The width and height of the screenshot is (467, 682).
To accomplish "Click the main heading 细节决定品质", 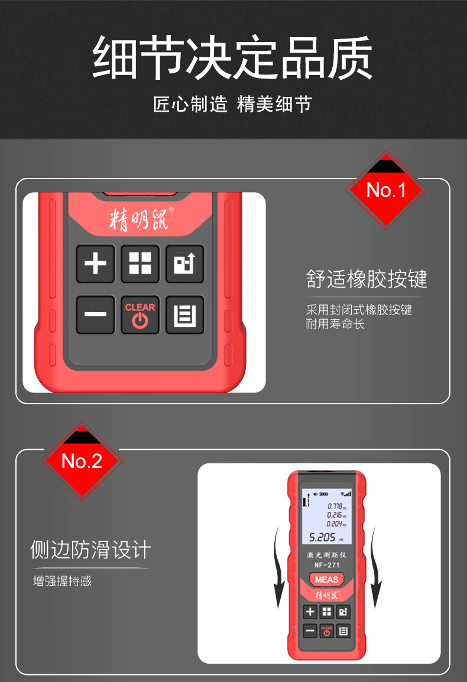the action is coord(232,57).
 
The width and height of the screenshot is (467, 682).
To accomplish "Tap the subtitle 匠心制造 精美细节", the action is coord(232,105).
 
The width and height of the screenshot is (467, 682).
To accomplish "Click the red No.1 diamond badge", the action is coord(386,190).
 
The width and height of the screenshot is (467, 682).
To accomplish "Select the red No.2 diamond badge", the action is coord(82,460).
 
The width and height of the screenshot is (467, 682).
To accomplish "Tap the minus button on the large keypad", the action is coord(95,314).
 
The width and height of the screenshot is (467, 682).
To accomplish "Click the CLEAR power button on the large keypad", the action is coord(140,314).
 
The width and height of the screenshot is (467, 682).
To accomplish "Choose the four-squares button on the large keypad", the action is coord(140,264).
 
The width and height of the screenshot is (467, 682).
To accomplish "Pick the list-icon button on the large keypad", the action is coord(184,314).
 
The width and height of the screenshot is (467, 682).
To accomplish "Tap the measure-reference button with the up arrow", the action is coord(184,264).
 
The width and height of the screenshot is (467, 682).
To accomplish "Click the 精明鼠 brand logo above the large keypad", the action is coord(141,218).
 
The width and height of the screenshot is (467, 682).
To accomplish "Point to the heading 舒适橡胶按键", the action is coord(367,279).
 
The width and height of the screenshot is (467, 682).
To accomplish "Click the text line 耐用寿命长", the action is coord(335,324).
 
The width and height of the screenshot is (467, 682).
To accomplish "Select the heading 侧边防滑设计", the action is coord(90,550).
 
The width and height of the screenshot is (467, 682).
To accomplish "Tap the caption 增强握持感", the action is coord(62,581).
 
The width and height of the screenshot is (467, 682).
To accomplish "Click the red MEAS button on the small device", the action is coord(326,579).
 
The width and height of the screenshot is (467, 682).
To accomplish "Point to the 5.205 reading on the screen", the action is coord(322,538).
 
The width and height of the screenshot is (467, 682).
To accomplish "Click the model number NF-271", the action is coord(327,565).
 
